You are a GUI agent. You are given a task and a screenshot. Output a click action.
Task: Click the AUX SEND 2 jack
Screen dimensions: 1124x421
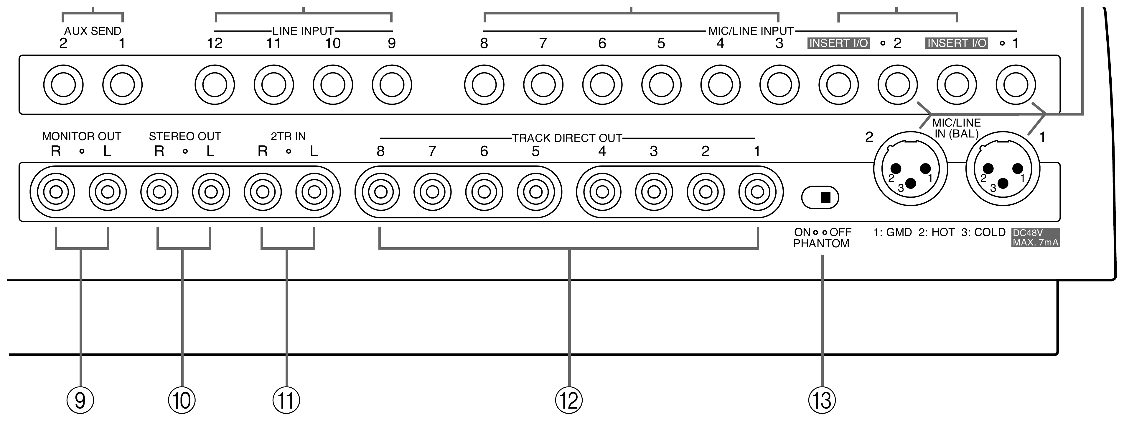pyautogui.click(x=63, y=85)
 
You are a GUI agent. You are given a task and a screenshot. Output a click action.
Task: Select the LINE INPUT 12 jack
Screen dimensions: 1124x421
pyautogui.click(x=215, y=85)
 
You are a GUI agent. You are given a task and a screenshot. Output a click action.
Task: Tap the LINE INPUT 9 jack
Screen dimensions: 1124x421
pyautogui.click(x=392, y=85)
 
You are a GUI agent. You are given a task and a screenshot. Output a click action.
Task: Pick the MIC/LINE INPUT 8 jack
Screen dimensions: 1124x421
pyautogui.click(x=484, y=85)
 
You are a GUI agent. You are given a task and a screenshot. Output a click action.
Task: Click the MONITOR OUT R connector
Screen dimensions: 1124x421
pyautogui.click(x=56, y=192)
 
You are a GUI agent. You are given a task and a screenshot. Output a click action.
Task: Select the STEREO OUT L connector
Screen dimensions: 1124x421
pyautogui.click(x=211, y=192)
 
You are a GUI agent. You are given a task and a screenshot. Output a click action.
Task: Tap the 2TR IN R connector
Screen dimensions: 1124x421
pyautogui.click(x=262, y=192)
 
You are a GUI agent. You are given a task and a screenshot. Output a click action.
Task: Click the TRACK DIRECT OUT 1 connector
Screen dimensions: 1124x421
pyautogui.click(x=757, y=192)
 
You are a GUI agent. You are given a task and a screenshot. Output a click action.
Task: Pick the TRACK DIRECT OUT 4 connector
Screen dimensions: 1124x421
pyautogui.click(x=602, y=192)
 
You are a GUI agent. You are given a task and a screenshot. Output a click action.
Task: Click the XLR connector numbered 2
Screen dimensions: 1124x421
pyautogui.click(x=911, y=168)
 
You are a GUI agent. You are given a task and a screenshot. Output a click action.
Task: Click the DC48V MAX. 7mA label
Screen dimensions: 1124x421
pyautogui.click(x=1035, y=237)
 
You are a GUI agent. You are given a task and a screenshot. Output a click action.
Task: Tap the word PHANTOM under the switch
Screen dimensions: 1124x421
pyautogui.click(x=821, y=244)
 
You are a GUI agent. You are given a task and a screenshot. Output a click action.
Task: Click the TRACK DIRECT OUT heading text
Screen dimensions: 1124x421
pyautogui.click(x=567, y=138)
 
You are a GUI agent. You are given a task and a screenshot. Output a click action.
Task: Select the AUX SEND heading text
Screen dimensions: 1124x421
pyautogui.click(x=93, y=31)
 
